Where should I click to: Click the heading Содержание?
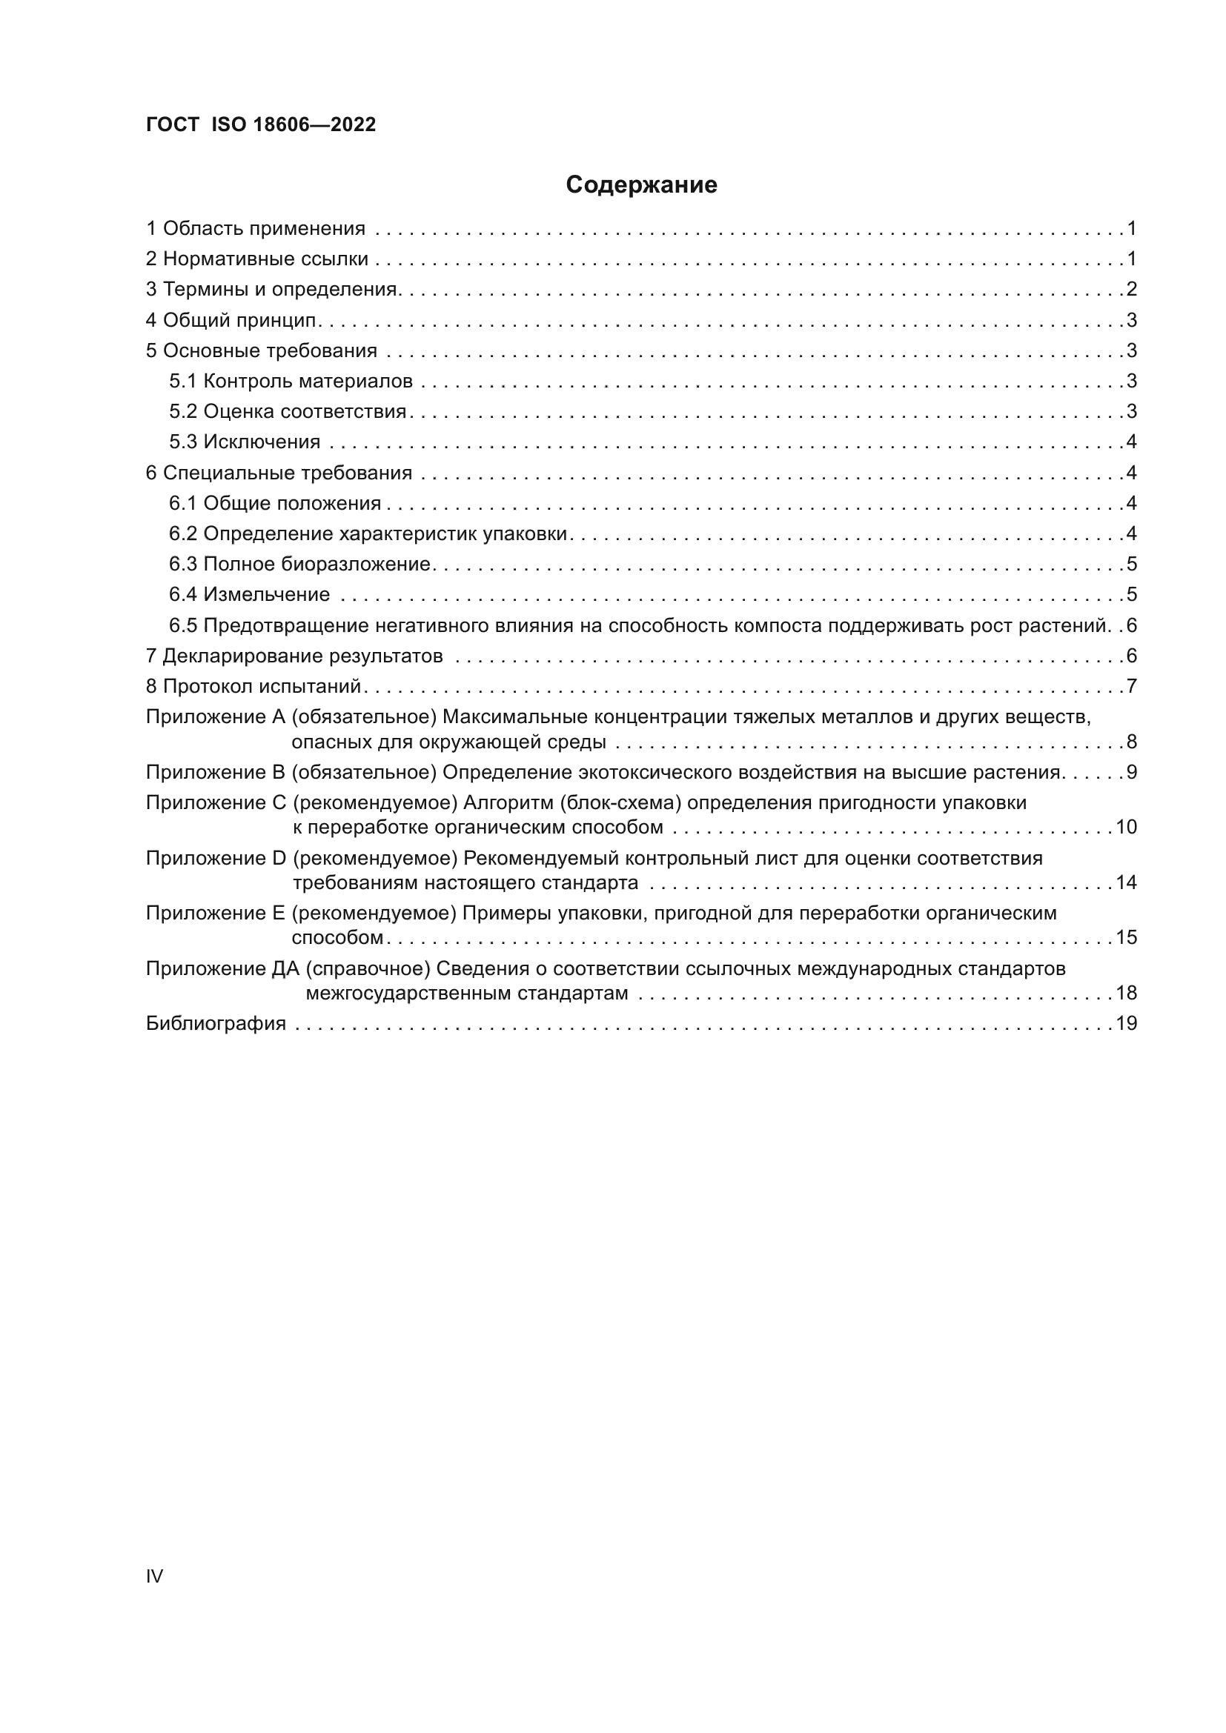641,185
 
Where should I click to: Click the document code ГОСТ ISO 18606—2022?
260,124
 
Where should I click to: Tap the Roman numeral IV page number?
154,1576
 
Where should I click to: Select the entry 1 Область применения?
255,229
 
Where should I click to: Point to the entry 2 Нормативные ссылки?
256,259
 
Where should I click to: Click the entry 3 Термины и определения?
272,289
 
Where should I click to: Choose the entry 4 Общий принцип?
231,320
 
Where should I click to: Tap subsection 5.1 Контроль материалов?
291,381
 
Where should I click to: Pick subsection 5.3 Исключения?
245,442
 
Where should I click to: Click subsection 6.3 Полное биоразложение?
299,564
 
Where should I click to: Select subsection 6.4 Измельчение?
249,595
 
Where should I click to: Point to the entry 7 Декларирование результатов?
294,656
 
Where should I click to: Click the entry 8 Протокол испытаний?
253,686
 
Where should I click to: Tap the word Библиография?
216,1023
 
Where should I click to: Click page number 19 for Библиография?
1127,1023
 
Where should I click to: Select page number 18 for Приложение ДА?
1127,993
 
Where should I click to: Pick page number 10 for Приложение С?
1127,828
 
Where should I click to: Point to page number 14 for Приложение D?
1127,882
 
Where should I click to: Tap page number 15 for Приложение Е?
1127,937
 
